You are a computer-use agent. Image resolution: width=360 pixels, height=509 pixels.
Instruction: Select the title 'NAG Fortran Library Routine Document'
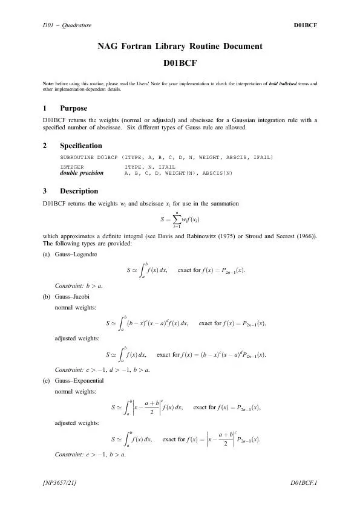(x=180, y=47)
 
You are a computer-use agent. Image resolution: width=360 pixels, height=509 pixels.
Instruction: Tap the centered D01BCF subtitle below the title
(x=180, y=62)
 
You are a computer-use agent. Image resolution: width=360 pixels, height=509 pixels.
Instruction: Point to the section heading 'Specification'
(x=80, y=146)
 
